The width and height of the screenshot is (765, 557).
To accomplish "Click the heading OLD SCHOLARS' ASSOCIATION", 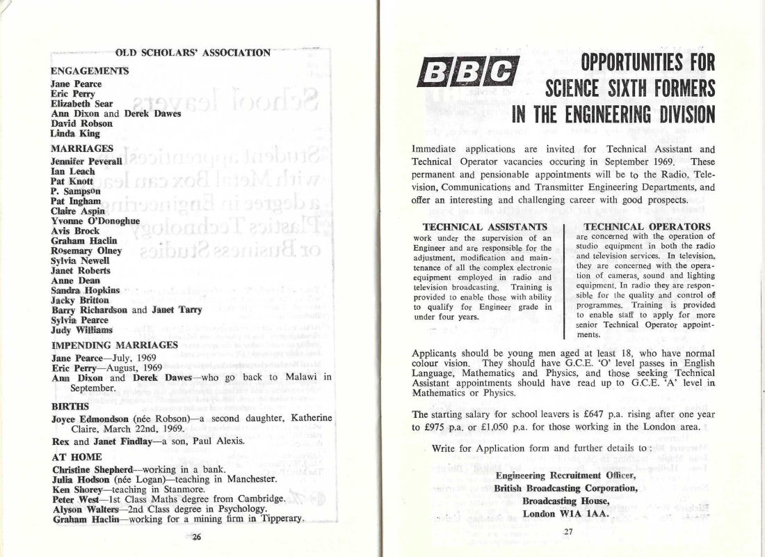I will [192, 52].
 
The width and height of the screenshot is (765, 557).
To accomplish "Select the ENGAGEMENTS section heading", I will [90, 70].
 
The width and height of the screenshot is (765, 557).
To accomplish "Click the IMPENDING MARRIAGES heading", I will [114, 345].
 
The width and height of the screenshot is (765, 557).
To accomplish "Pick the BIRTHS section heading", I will [70, 405].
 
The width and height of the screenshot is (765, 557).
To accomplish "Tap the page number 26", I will [196, 536].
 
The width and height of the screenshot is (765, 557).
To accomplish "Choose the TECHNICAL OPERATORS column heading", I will [647, 226].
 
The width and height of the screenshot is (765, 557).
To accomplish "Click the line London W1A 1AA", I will [567, 514].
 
